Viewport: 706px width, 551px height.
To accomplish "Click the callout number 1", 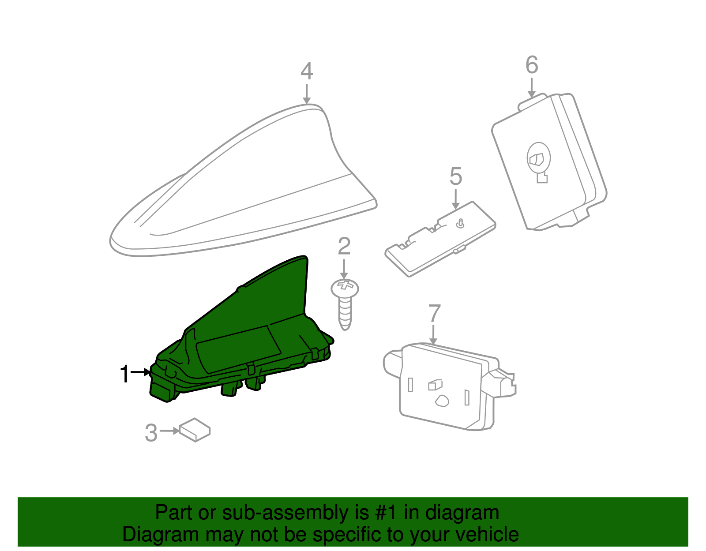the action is [x=125, y=374].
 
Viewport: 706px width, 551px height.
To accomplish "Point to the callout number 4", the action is [x=307, y=71].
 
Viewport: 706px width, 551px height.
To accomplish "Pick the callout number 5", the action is [x=455, y=176].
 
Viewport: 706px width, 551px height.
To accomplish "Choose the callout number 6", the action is [x=532, y=64].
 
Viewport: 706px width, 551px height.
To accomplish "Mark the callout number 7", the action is [x=434, y=313].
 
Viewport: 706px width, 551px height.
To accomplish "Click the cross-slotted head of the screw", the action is [x=345, y=288].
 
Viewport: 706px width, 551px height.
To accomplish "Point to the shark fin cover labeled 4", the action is [x=243, y=180].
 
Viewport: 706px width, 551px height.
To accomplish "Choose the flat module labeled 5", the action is [x=440, y=239].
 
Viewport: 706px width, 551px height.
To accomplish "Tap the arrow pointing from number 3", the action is [x=169, y=431].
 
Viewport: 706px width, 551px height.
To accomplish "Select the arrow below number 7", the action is [x=433, y=334].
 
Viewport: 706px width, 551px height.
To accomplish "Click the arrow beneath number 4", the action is [x=306, y=94].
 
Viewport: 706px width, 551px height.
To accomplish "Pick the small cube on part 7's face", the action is [x=435, y=385].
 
